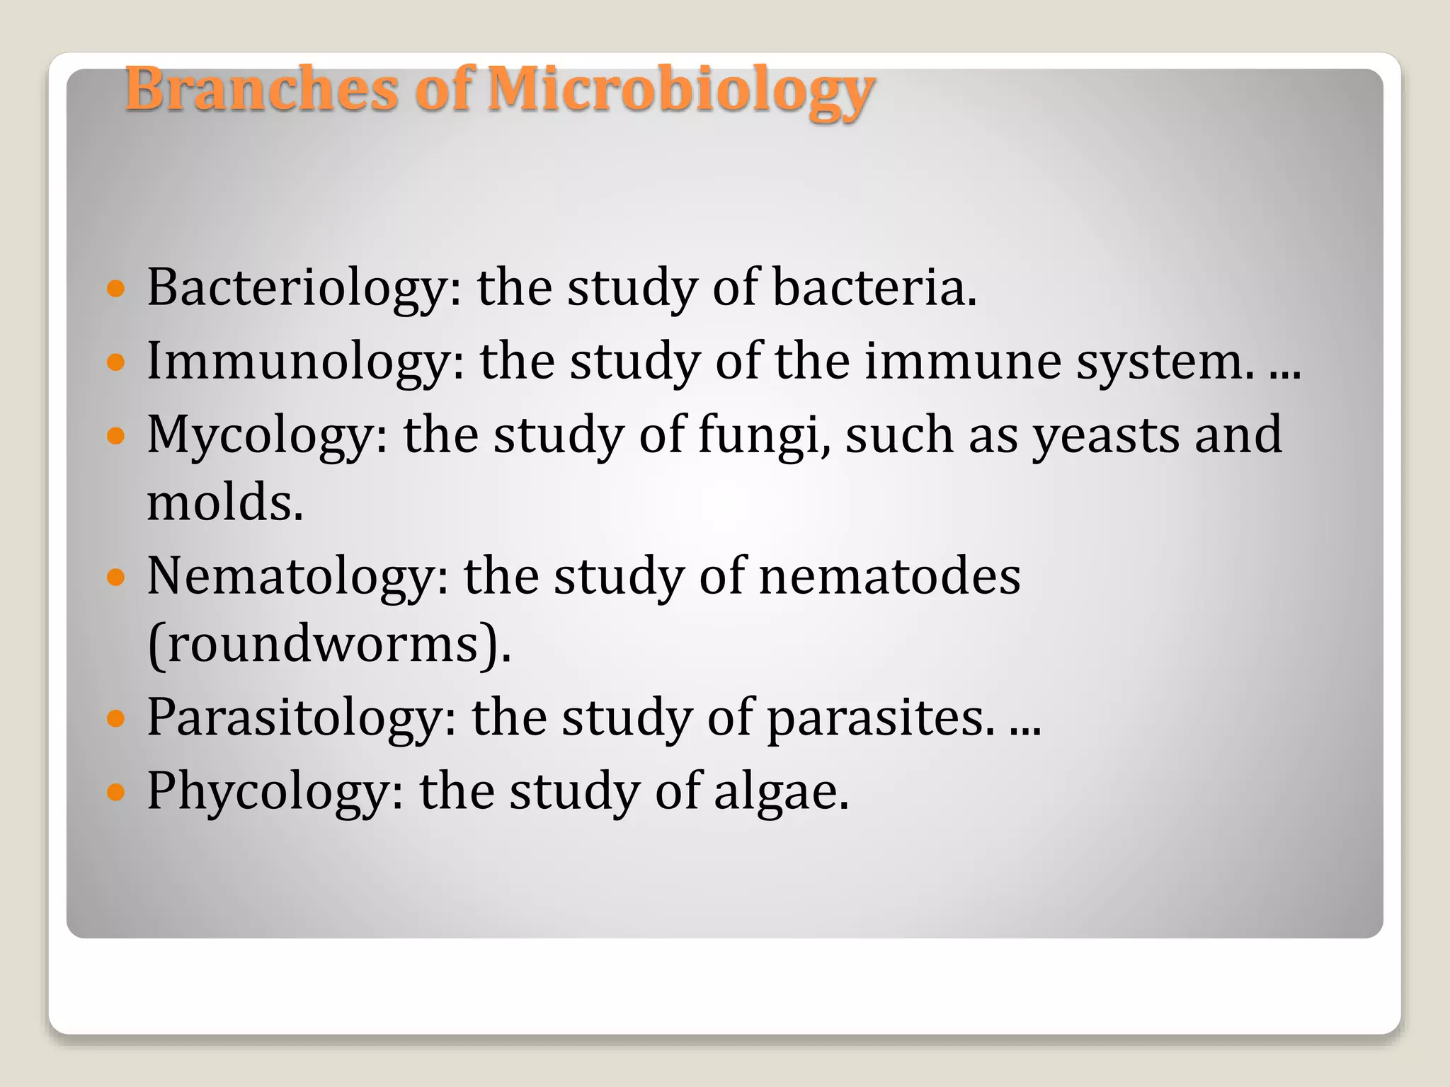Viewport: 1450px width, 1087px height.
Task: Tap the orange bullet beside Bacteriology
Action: [x=115, y=289]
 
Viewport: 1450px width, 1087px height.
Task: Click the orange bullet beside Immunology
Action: [x=115, y=362]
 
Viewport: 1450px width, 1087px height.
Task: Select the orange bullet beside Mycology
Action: [x=115, y=435]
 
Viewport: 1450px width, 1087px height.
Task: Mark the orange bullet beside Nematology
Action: [x=115, y=577]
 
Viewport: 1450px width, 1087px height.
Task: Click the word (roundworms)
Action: [x=329, y=645]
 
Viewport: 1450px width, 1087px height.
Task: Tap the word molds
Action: [x=224, y=502]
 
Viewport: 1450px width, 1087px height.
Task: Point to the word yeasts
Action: [x=1104, y=435]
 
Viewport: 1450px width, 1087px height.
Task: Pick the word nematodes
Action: [x=889, y=577]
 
